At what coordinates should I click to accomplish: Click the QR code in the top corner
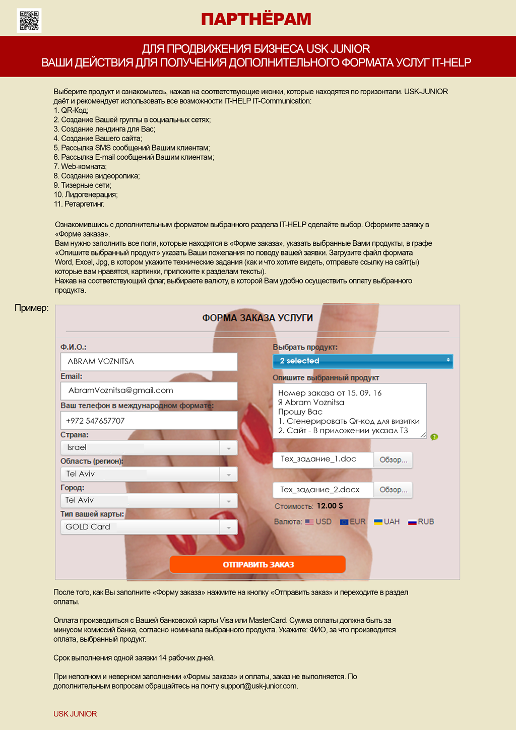[x=29, y=21]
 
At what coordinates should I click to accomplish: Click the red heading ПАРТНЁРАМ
[x=256, y=19]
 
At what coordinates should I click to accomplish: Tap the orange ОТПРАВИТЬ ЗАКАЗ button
[x=257, y=564]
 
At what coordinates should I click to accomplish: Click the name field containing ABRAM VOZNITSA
[x=149, y=362]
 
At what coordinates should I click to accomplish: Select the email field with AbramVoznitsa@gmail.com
[x=149, y=391]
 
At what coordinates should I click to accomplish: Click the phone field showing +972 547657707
[x=149, y=421]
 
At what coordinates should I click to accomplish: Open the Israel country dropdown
[x=149, y=447]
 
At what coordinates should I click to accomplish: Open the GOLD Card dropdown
[x=149, y=527]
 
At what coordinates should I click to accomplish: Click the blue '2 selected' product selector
[x=362, y=361]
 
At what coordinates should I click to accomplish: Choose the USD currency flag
[x=309, y=522]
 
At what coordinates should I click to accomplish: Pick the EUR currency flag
[x=344, y=522]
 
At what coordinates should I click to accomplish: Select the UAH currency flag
[x=378, y=522]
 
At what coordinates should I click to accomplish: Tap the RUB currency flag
[x=412, y=522]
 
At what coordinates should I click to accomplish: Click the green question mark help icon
[x=434, y=437]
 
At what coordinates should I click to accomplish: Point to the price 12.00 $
[x=330, y=506]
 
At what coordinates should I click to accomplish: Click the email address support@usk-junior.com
[x=259, y=686]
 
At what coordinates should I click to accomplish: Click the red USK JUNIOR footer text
[x=75, y=714]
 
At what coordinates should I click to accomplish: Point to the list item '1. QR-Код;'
[x=71, y=110]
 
